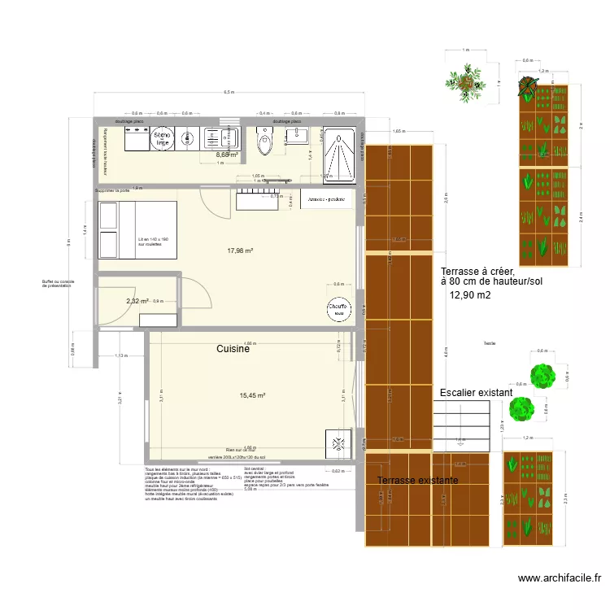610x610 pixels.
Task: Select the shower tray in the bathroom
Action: coord(338,151)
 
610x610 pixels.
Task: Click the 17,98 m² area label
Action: coord(240,251)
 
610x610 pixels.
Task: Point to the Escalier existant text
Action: coord(476,393)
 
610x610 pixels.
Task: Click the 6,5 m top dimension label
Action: coord(229,92)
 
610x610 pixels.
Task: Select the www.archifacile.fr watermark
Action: coord(560,578)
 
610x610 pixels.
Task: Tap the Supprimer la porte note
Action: coord(112,190)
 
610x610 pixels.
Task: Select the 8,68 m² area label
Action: coord(227,155)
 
